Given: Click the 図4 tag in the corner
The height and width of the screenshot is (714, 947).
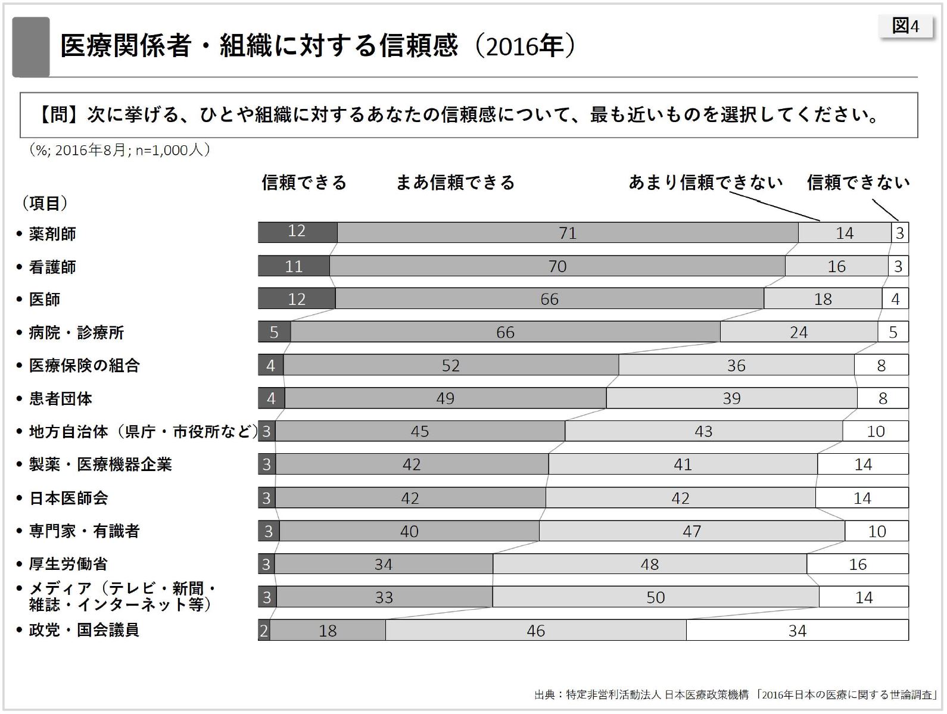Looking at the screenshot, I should (x=905, y=26).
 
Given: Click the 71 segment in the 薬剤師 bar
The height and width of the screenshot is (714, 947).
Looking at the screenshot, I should (x=568, y=233).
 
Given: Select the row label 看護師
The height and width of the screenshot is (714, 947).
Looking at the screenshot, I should (x=52, y=267).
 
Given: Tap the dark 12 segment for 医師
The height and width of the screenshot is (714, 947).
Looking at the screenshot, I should (x=297, y=299).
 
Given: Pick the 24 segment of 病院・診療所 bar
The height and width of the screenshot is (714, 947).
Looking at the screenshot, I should (x=798, y=332).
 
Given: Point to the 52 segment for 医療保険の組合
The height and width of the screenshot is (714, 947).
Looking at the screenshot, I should (x=451, y=365).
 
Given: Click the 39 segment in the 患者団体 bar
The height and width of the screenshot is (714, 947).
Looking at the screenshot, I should (x=731, y=398).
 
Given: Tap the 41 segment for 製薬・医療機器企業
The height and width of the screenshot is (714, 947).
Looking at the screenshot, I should (x=683, y=464).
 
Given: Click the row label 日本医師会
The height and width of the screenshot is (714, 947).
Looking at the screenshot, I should (x=68, y=498).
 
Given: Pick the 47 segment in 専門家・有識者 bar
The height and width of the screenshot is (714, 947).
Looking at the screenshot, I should (x=691, y=531).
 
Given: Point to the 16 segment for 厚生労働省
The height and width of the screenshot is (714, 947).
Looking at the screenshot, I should (x=858, y=564).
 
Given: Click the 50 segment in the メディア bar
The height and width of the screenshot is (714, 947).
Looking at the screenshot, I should (x=655, y=597).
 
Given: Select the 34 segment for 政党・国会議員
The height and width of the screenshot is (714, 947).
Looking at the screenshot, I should (x=797, y=631).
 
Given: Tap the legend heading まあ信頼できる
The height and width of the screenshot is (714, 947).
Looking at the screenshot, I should (x=455, y=183).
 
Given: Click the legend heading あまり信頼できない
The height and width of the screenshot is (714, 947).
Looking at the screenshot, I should (x=706, y=183).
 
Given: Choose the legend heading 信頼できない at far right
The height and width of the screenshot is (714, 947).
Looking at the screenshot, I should (x=858, y=183).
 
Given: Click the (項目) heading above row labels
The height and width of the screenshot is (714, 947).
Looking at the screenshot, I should (x=45, y=204).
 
